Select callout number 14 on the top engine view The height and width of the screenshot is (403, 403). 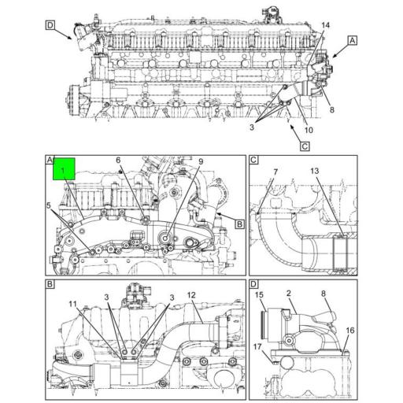[x=325, y=26]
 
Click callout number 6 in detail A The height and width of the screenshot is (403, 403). [x=118, y=161]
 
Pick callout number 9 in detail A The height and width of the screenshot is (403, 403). [x=201, y=162]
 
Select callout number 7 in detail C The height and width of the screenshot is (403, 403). [x=275, y=172]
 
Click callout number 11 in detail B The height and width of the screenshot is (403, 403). [x=72, y=304]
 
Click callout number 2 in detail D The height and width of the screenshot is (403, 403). [x=289, y=294]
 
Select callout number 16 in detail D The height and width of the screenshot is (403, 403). [x=349, y=331]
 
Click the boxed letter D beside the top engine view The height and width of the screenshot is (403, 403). [x=50, y=25]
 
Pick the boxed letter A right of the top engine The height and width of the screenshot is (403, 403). [x=352, y=39]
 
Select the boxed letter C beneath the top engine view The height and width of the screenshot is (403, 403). [x=303, y=145]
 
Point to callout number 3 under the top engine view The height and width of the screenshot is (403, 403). [x=253, y=127]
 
